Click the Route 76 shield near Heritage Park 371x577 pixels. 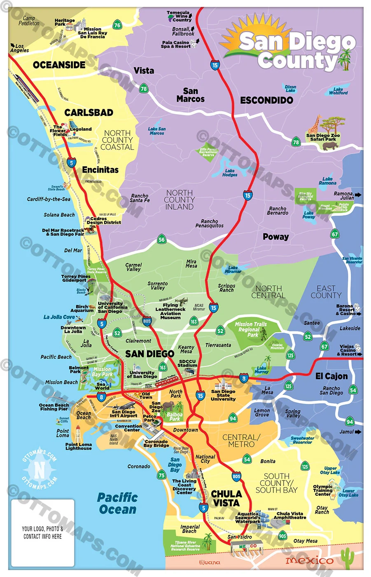[117, 25]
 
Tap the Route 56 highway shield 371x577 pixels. [161, 239]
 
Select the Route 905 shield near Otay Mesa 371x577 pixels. [282, 536]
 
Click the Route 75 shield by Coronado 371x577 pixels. [161, 475]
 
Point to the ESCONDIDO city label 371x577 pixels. [266, 100]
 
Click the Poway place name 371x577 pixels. [275, 237]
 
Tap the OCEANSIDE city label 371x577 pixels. [59, 65]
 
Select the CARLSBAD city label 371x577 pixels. [89, 113]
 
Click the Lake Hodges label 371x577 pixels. [230, 173]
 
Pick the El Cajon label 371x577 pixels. [331, 376]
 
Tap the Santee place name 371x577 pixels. [312, 323]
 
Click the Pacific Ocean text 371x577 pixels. [117, 504]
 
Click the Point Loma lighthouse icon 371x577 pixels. [77, 434]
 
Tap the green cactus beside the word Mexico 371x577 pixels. [348, 557]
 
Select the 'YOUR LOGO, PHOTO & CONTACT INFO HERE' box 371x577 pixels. [43, 532]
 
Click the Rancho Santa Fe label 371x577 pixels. [140, 198]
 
